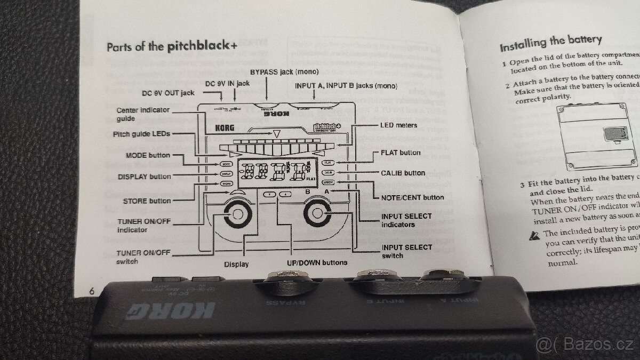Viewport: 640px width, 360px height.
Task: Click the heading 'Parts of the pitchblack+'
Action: (172, 46)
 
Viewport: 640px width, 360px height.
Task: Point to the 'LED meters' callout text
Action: (398, 126)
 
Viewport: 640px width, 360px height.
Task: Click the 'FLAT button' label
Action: (400, 153)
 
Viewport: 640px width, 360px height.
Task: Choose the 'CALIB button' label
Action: (403, 173)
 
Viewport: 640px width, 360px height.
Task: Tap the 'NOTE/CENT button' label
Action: (412, 197)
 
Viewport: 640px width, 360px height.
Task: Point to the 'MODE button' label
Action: (148, 155)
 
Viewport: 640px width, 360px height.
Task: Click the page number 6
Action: (93, 291)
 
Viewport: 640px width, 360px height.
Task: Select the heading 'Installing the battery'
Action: (550, 42)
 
